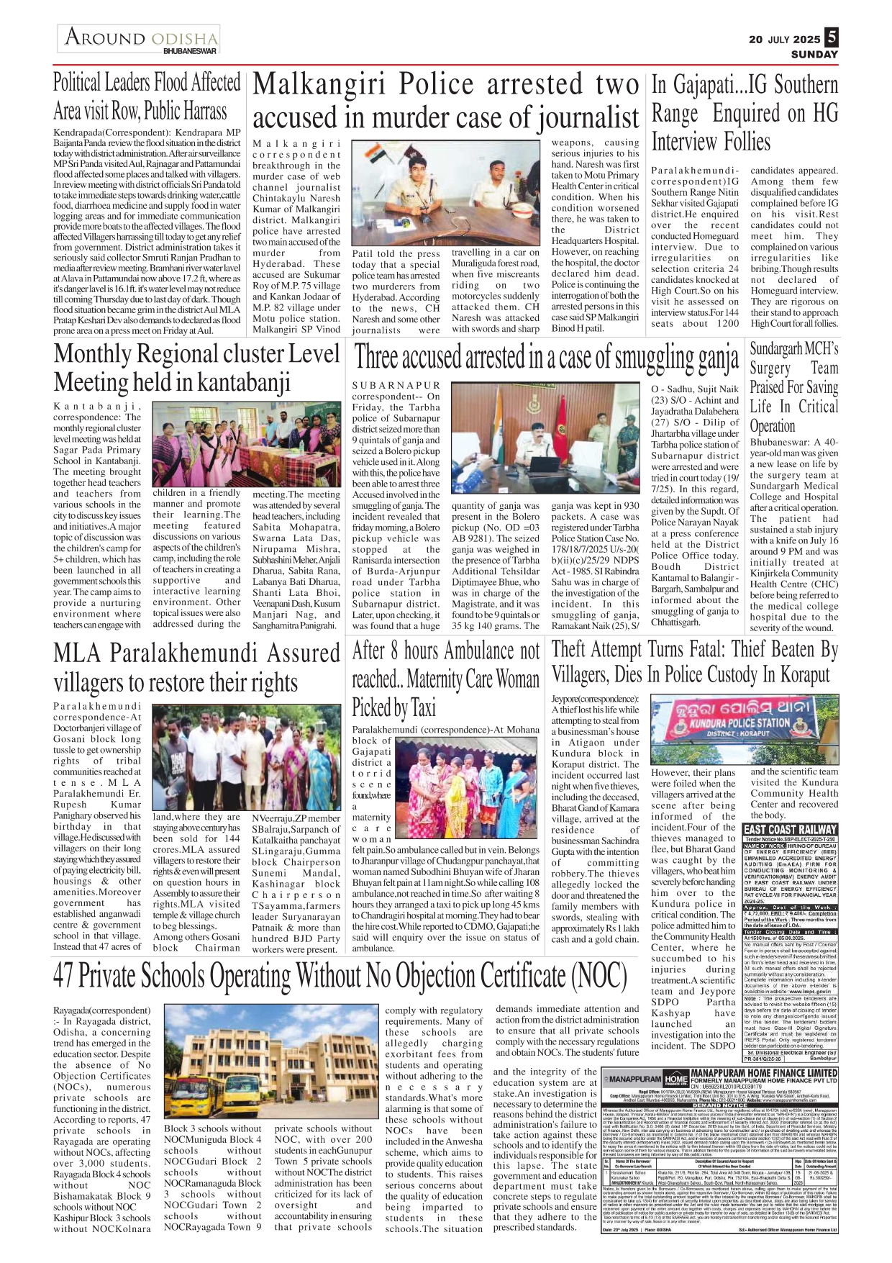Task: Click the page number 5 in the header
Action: pyautogui.click(x=832, y=37)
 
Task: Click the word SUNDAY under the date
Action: pyautogui.click(x=814, y=55)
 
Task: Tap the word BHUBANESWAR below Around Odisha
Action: pyautogui.click(x=190, y=52)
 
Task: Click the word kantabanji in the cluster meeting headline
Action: pyautogui.click(x=243, y=382)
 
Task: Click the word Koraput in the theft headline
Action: pyautogui.click(x=803, y=676)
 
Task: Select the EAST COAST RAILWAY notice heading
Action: pyautogui.click(x=790, y=830)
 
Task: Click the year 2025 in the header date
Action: pyautogui.click(x=807, y=40)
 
